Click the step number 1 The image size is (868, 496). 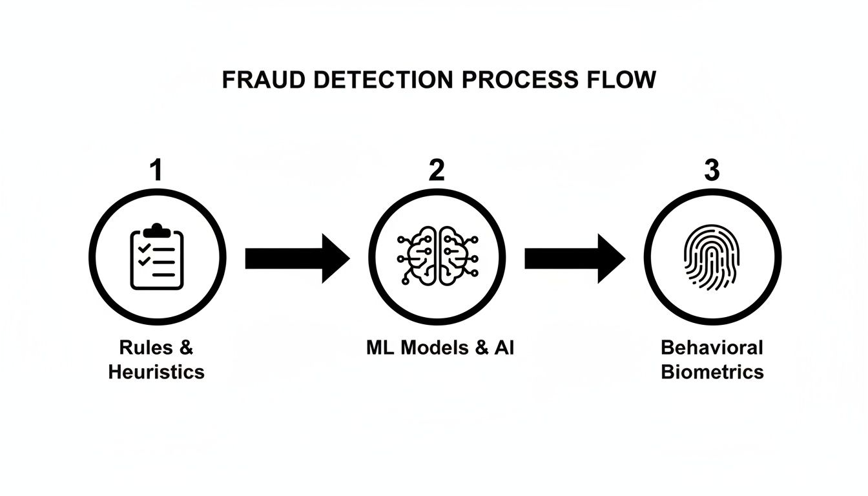coord(156,170)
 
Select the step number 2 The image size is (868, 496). coord(436,170)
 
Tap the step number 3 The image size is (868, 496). coord(711,170)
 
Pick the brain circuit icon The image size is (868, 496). coord(437,257)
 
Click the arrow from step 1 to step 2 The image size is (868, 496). coord(297,258)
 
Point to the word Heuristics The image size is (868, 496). coord(156,372)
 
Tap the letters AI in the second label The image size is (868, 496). coord(503,347)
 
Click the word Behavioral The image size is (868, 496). coord(712,347)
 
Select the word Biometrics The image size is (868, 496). coord(712,372)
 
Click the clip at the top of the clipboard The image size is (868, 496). coord(156,229)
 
